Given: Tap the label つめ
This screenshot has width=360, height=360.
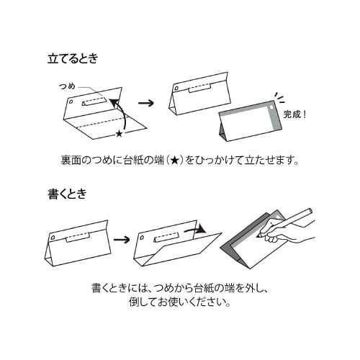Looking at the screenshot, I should (67, 86).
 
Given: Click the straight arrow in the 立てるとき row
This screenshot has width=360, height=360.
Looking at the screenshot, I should (145, 102).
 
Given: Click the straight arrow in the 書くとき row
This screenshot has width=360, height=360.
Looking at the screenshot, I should (121, 239).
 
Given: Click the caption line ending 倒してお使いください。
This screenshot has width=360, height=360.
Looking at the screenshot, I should (179, 302).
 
